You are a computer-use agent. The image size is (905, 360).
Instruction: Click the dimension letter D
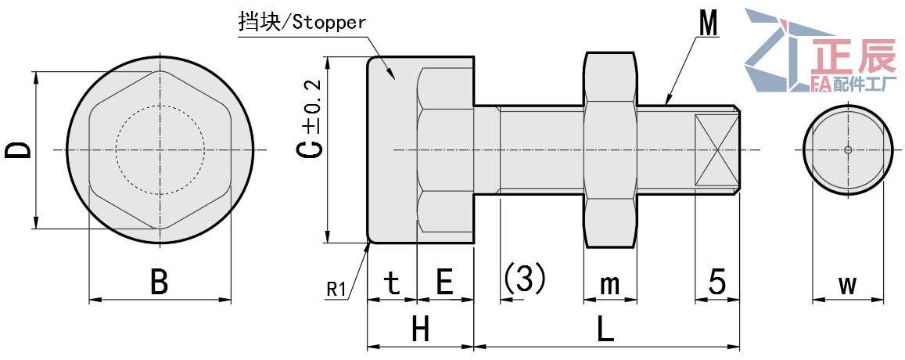point(19,149)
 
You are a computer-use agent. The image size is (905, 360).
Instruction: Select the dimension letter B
point(160,282)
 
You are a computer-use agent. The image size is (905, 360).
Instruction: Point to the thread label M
point(709,24)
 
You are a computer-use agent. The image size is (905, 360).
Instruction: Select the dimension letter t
point(393,282)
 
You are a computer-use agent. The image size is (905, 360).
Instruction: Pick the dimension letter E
point(444,282)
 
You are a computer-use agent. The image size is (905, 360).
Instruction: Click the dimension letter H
point(421,330)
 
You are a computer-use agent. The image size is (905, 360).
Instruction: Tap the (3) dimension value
point(525,278)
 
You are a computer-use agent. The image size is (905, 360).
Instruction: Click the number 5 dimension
point(717,282)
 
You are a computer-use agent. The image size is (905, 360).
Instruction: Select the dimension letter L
point(605,330)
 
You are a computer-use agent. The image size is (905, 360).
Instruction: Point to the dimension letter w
point(848,283)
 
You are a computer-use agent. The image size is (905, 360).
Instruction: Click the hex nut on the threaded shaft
point(610,149)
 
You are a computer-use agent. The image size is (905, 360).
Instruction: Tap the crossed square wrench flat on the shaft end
point(716,149)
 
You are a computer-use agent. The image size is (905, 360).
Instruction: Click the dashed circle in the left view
point(160,149)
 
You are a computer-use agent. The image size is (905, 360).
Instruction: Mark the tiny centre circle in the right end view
point(848,149)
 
